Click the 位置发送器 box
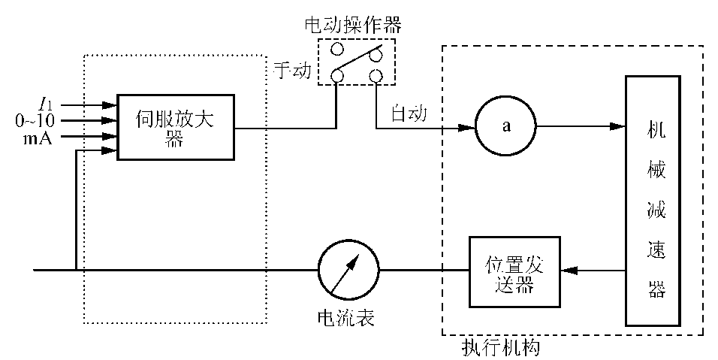tap(514, 272)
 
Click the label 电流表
tap(346, 318)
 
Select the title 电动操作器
tap(353, 25)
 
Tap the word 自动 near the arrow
tap(409, 115)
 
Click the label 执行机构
tap(501, 348)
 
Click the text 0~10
tap(35, 120)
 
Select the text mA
tap(38, 137)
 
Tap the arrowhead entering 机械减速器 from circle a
tap(617, 126)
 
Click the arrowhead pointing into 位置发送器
tap(569, 271)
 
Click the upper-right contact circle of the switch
tap(376, 51)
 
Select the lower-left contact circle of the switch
tap(337, 76)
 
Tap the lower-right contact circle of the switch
tap(376, 76)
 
